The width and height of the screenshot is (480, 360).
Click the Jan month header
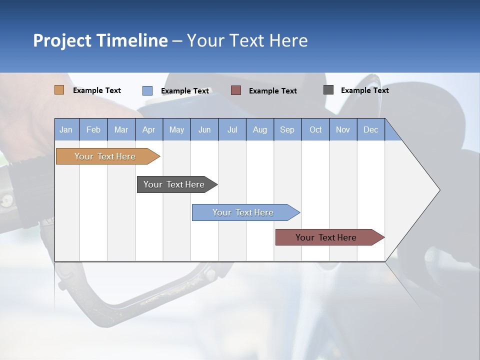(66, 130)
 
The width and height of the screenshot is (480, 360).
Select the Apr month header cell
(148, 130)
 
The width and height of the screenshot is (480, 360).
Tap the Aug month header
(259, 130)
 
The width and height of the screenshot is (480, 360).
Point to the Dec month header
(370, 130)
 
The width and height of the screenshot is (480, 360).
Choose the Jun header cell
(204, 130)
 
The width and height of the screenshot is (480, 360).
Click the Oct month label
(315, 130)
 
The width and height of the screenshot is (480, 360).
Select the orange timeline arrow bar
(105, 156)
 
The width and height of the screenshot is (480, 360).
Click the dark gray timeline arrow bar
(174, 184)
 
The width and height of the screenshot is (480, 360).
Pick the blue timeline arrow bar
(243, 212)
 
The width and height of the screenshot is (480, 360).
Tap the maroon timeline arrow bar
(326, 237)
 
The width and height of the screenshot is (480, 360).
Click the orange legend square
(59, 90)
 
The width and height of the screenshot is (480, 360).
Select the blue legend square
(147, 90)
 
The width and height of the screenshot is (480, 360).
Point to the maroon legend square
(235, 90)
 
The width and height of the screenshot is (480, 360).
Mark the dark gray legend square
(328, 90)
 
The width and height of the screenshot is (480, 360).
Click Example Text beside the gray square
(364, 90)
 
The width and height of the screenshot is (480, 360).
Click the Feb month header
(93, 130)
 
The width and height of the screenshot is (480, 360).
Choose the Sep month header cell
(287, 130)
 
